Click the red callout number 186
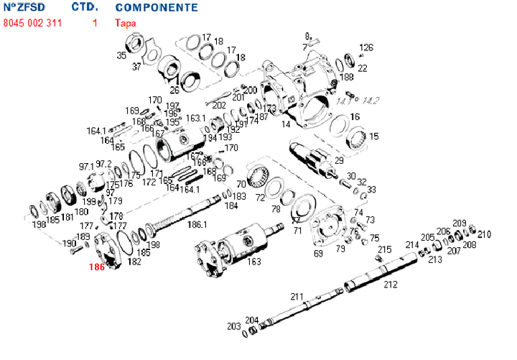(x=96, y=267)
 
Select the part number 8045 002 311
(x=32, y=23)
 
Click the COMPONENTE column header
(x=157, y=7)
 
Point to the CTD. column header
(x=85, y=7)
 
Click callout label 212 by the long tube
(x=390, y=285)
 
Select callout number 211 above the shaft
(x=297, y=296)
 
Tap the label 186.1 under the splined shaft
(x=197, y=225)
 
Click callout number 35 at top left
(x=121, y=55)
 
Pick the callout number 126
(x=366, y=47)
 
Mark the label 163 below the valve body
(x=253, y=262)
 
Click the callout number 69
(x=318, y=254)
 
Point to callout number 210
(x=484, y=234)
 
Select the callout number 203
(x=234, y=326)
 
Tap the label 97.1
(x=86, y=166)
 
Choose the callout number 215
(x=385, y=249)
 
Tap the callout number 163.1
(x=195, y=118)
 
